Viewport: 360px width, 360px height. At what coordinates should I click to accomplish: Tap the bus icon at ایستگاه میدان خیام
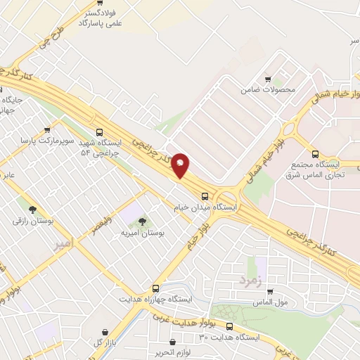pyautogui.click(x=205, y=196)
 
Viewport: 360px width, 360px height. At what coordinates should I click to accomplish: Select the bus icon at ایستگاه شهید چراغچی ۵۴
pyautogui.click(x=98, y=131)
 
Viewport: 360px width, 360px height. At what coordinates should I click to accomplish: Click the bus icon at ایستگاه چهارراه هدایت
pyautogui.click(x=155, y=288)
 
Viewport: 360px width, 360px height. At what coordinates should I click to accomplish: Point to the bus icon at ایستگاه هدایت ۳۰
pyautogui.click(x=230, y=326)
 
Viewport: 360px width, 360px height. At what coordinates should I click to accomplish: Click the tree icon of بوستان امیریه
pyautogui.click(x=143, y=221)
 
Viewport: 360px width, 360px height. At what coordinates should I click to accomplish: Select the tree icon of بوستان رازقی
pyautogui.click(x=32, y=209)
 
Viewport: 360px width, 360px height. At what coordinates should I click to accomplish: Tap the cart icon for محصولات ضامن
pyautogui.click(x=267, y=79)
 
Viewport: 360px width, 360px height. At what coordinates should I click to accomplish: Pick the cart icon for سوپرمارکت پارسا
pyautogui.click(x=47, y=129)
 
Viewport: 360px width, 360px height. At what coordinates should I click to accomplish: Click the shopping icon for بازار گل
pyautogui.click(x=105, y=332)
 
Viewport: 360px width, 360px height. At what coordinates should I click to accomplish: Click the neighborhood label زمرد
pyautogui.click(x=250, y=279)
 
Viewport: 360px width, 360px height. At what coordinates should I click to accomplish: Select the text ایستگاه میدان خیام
pyautogui.click(x=205, y=208)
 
